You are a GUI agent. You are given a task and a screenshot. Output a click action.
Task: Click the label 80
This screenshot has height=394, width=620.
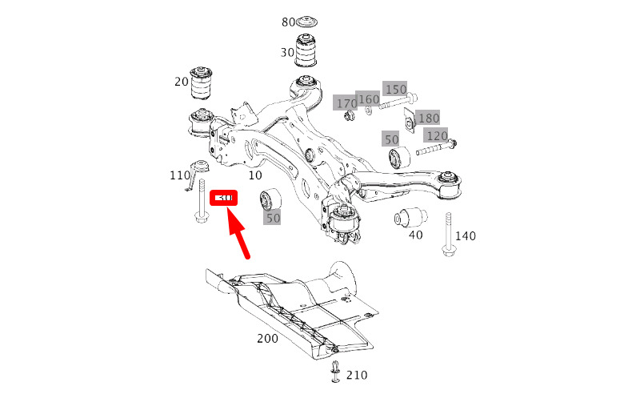(289, 22)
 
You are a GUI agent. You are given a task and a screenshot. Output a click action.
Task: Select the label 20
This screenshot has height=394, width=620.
(182, 81)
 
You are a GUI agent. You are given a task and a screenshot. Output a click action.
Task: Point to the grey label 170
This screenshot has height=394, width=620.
(346, 103)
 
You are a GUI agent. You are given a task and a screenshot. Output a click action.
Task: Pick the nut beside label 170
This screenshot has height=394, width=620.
(349, 119)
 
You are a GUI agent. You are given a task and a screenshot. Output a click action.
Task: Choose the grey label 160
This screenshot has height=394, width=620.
(368, 100)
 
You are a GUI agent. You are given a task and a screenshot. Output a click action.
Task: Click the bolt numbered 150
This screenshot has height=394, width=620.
(394, 103)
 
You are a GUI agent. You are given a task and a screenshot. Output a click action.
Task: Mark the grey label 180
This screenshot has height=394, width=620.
(428, 119)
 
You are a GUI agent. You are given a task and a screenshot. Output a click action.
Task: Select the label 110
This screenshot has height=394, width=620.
(180, 175)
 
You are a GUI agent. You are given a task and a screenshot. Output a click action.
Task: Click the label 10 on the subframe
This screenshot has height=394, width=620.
(255, 175)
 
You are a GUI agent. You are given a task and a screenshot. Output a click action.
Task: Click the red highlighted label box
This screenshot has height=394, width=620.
(222, 198)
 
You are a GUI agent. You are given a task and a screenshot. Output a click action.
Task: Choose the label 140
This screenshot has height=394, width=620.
(465, 236)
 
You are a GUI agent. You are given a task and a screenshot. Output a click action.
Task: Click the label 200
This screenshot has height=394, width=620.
(267, 339)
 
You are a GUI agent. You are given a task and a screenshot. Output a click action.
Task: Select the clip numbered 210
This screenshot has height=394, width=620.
(336, 372)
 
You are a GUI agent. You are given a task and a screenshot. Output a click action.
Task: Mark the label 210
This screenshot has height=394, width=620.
(357, 375)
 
